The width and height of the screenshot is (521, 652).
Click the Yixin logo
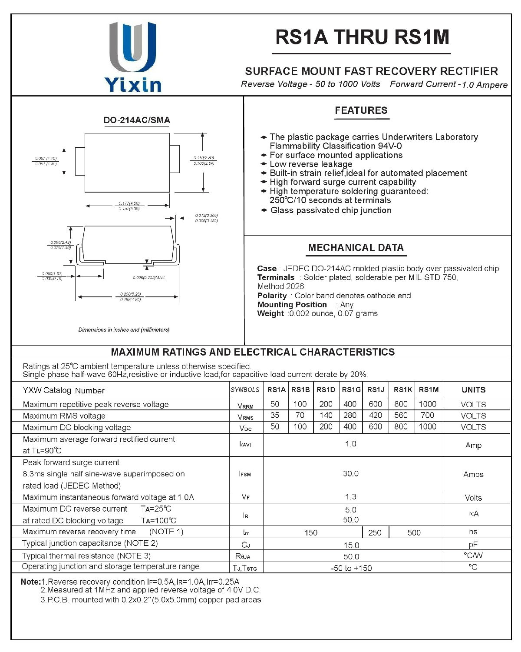[133, 57]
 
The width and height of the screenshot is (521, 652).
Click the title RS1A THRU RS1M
[362, 37]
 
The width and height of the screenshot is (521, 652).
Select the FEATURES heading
[361, 110]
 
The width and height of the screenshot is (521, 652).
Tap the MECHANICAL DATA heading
[356, 248]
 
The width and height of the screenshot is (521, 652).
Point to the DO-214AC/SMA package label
[137, 120]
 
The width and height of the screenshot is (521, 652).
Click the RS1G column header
[351, 390]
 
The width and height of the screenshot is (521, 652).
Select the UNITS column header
[473, 390]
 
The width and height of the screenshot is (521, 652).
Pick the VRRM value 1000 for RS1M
[428, 404]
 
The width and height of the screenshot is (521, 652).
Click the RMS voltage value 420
[375, 415]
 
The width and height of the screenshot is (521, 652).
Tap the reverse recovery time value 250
[375, 532]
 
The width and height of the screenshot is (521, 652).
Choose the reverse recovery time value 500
[414, 532]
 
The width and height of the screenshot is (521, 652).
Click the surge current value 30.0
[351, 473]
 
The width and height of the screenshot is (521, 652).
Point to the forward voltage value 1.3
[351, 497]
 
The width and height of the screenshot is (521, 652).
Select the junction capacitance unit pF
[473, 544]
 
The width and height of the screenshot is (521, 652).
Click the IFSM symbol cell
[245, 474]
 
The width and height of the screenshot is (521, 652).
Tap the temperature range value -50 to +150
[351, 568]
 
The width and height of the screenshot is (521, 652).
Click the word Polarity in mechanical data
[272, 296]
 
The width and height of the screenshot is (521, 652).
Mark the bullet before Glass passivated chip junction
[264, 210]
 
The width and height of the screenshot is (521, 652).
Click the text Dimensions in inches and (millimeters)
[124, 330]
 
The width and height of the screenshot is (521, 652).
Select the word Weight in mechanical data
[270, 313]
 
